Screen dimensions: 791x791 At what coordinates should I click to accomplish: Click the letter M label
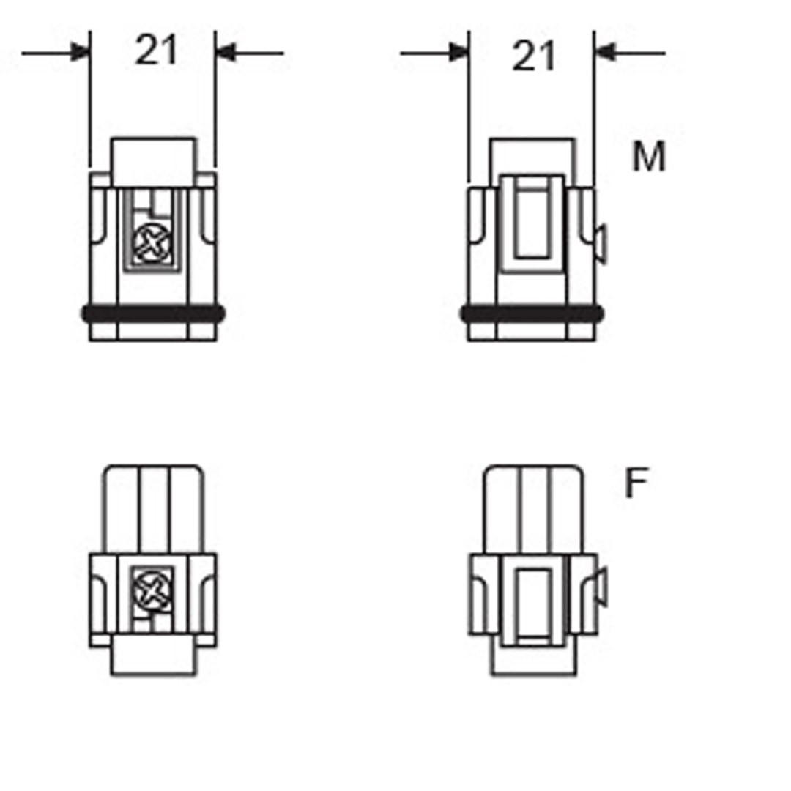click(649, 157)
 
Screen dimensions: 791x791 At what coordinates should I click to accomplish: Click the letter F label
click(636, 483)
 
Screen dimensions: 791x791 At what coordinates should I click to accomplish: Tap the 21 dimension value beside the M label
click(533, 56)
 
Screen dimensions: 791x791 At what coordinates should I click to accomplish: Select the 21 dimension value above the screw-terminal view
click(156, 51)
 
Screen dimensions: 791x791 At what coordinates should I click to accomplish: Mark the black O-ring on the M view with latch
click(532, 314)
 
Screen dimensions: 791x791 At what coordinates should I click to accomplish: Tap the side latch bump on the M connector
click(600, 244)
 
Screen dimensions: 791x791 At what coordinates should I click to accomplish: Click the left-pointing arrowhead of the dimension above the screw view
click(225, 53)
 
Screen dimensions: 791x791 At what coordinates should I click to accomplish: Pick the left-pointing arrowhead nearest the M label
click(604, 53)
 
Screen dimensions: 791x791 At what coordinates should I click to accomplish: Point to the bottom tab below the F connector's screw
click(153, 655)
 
